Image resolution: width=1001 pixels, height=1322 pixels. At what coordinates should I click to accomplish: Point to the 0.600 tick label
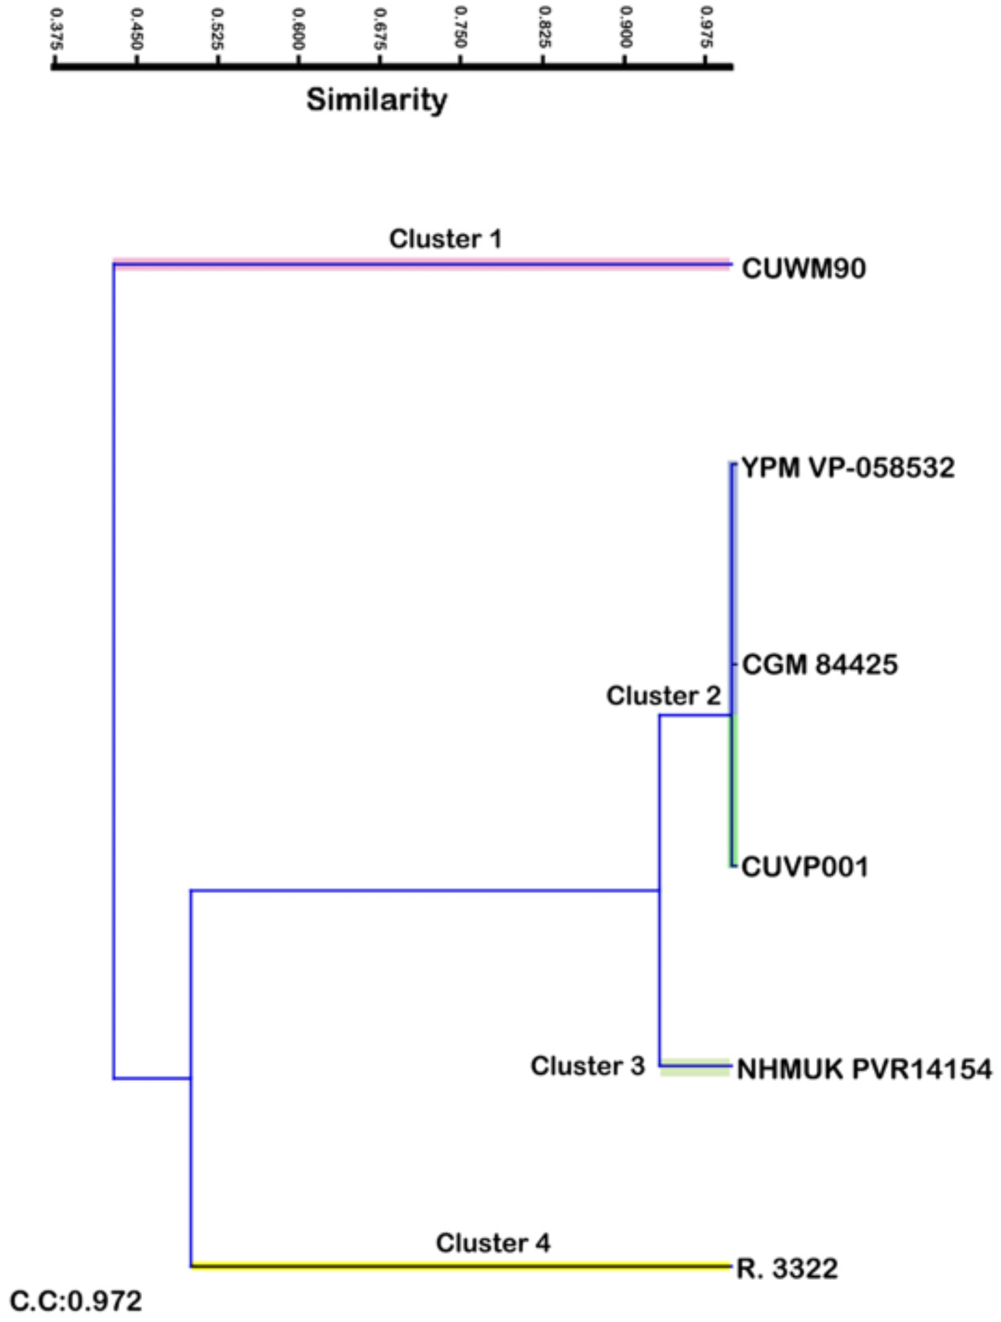click(298, 28)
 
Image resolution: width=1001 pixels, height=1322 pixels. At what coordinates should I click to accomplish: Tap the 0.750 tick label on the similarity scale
click(460, 28)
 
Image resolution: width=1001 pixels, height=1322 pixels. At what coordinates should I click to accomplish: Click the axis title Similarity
click(377, 100)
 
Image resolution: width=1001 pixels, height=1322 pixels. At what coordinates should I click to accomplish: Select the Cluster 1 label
click(446, 239)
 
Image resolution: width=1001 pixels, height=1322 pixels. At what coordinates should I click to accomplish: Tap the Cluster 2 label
click(663, 695)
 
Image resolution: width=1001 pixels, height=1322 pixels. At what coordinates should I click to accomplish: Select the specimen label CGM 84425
click(820, 664)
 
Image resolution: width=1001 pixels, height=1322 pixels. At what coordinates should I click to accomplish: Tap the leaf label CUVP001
click(805, 867)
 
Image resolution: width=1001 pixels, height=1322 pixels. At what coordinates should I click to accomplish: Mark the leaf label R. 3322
click(787, 1268)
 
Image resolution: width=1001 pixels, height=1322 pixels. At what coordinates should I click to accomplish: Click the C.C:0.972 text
click(77, 1301)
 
